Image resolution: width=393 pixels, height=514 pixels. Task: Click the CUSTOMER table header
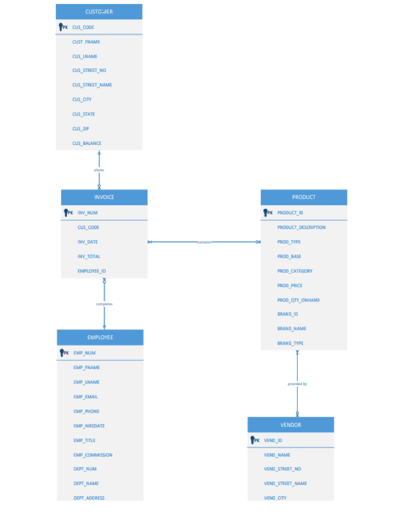(x=99, y=12)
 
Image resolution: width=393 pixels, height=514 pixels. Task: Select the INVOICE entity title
(x=104, y=197)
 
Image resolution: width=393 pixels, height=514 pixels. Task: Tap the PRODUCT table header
(x=303, y=197)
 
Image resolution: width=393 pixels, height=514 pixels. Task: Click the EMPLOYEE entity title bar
(x=100, y=337)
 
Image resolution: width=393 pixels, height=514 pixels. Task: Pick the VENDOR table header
(x=291, y=425)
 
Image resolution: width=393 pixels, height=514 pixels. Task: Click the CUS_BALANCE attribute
(x=87, y=143)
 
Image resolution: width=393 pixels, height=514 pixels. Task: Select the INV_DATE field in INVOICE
(x=87, y=242)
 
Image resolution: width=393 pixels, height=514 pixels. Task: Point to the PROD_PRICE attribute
(x=290, y=285)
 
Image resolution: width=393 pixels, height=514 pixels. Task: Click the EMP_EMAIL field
(x=85, y=397)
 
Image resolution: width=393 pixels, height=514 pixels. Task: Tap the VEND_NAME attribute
(x=277, y=455)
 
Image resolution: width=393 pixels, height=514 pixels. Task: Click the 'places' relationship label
(x=99, y=170)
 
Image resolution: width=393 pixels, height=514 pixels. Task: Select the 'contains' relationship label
(x=204, y=242)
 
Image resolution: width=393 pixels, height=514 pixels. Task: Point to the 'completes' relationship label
(x=104, y=304)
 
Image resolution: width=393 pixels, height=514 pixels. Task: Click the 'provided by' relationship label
(x=297, y=384)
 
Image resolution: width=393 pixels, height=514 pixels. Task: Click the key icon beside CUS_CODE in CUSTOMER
(x=62, y=27)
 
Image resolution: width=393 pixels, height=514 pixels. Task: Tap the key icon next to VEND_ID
(x=253, y=440)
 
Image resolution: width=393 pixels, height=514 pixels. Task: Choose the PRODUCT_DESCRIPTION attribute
(x=301, y=227)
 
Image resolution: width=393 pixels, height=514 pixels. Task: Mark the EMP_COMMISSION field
(x=93, y=455)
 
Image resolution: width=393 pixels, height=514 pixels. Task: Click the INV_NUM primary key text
(x=87, y=212)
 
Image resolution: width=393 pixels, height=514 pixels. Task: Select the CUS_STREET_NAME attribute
(x=92, y=85)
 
